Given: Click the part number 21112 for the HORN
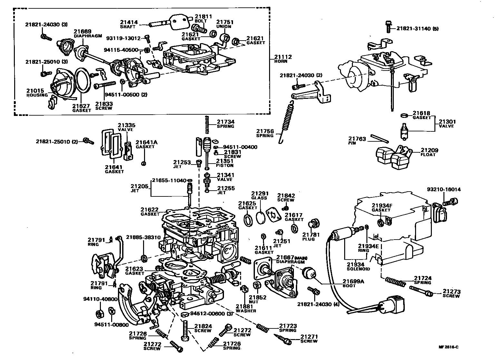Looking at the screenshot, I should coord(283,57).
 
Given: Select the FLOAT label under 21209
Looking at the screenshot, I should coord(428,155).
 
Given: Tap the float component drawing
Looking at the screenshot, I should coord(394,157).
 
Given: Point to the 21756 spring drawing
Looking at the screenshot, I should coord(287,121).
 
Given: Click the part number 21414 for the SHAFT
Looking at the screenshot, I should coord(129,22).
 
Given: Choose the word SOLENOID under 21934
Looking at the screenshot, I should coord(358,269).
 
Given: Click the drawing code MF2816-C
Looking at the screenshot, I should coord(448,347).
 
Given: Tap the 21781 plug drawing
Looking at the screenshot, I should coord(314,224).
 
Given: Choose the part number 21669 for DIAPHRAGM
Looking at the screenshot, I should coord(82,31).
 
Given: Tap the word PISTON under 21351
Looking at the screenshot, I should coord(225,166).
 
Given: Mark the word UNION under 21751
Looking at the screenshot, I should coord(224,26).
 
